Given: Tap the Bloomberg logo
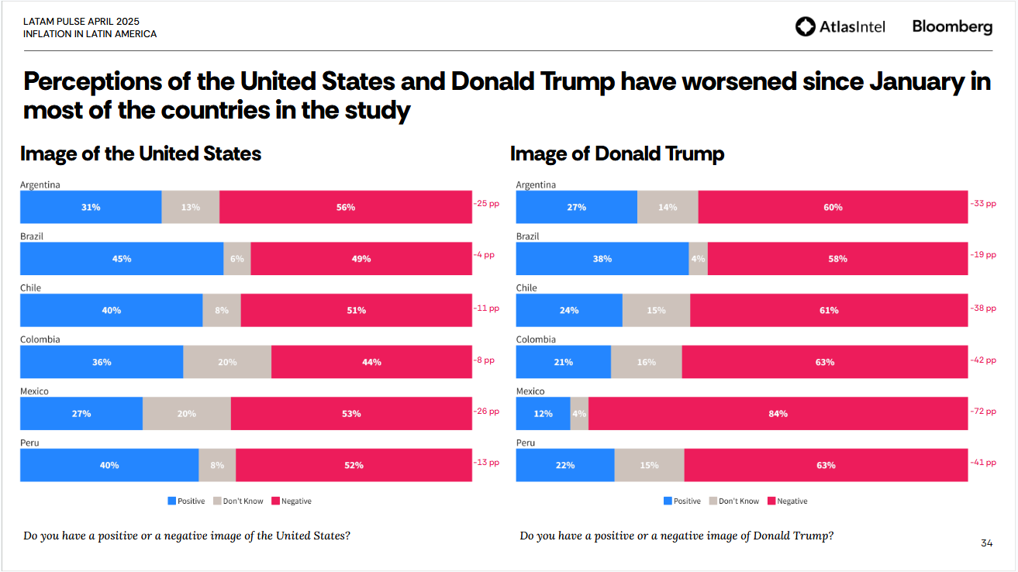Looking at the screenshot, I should point(951,26).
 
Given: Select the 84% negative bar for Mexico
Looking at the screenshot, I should point(778,414).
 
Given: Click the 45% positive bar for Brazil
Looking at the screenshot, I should point(122,259).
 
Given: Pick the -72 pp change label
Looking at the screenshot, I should point(983,411).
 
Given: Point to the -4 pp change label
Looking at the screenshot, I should point(484,254).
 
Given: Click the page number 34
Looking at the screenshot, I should point(986,543).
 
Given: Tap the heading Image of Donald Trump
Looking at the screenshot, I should point(616,153).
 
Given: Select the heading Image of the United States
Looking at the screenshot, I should point(140,153).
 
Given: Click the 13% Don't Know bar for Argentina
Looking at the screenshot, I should point(190,207).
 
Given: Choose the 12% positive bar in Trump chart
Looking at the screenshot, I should point(543,414).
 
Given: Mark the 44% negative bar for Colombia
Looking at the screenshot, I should point(371,362).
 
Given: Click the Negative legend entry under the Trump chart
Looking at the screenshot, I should point(787,501).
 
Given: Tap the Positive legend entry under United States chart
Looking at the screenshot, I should point(186,501).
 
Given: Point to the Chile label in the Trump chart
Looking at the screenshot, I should point(526,288).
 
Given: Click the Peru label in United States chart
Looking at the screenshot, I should point(29,443).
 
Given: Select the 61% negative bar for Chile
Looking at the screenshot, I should point(828,310).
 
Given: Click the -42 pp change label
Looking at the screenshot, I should point(983,360).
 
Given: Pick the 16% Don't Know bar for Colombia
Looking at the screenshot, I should point(646,362).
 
